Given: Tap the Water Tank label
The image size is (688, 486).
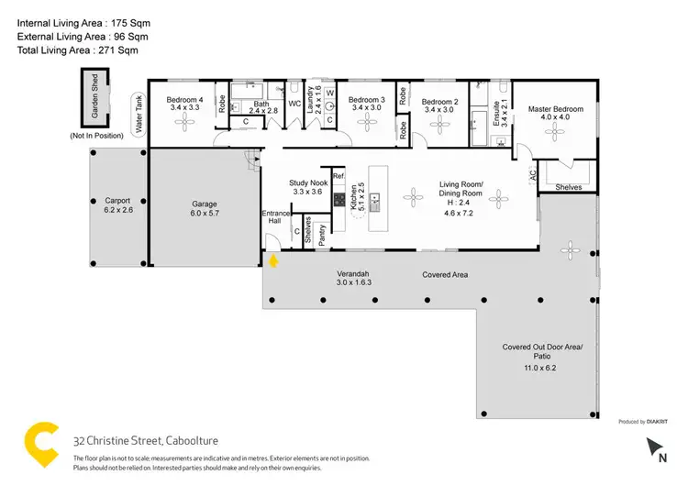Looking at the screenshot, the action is pos(139,116).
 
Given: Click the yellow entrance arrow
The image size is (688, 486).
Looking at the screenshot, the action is pos(272,261).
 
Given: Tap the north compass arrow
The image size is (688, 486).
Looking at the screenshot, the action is pos(658,447).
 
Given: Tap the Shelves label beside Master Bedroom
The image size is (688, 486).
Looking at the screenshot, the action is pos(569,187).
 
